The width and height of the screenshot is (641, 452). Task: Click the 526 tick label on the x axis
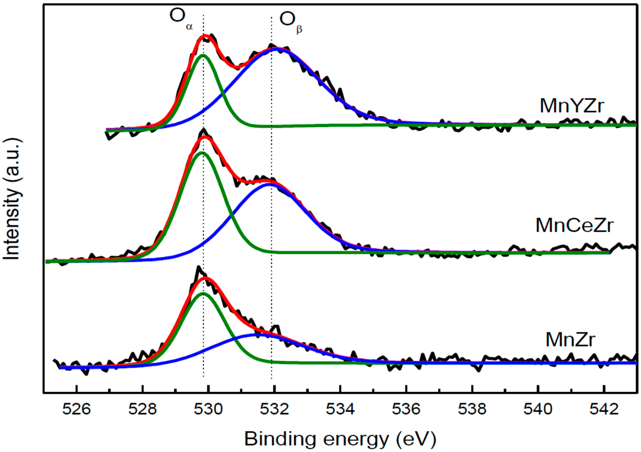coord(76,409)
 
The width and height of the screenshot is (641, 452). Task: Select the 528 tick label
coord(142,409)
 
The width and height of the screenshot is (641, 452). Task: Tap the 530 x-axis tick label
coord(208,409)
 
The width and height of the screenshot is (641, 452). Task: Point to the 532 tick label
coord(274,409)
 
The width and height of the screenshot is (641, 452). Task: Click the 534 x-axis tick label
coord(340,409)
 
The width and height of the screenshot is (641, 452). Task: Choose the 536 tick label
coord(406,409)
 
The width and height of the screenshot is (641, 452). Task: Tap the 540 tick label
coord(538,409)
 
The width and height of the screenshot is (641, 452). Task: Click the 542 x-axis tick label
coord(604,409)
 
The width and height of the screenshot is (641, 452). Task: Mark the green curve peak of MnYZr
coord(203,55)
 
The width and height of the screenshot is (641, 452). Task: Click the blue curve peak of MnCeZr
coord(269,184)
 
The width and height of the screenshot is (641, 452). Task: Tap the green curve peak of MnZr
coord(203,293)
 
